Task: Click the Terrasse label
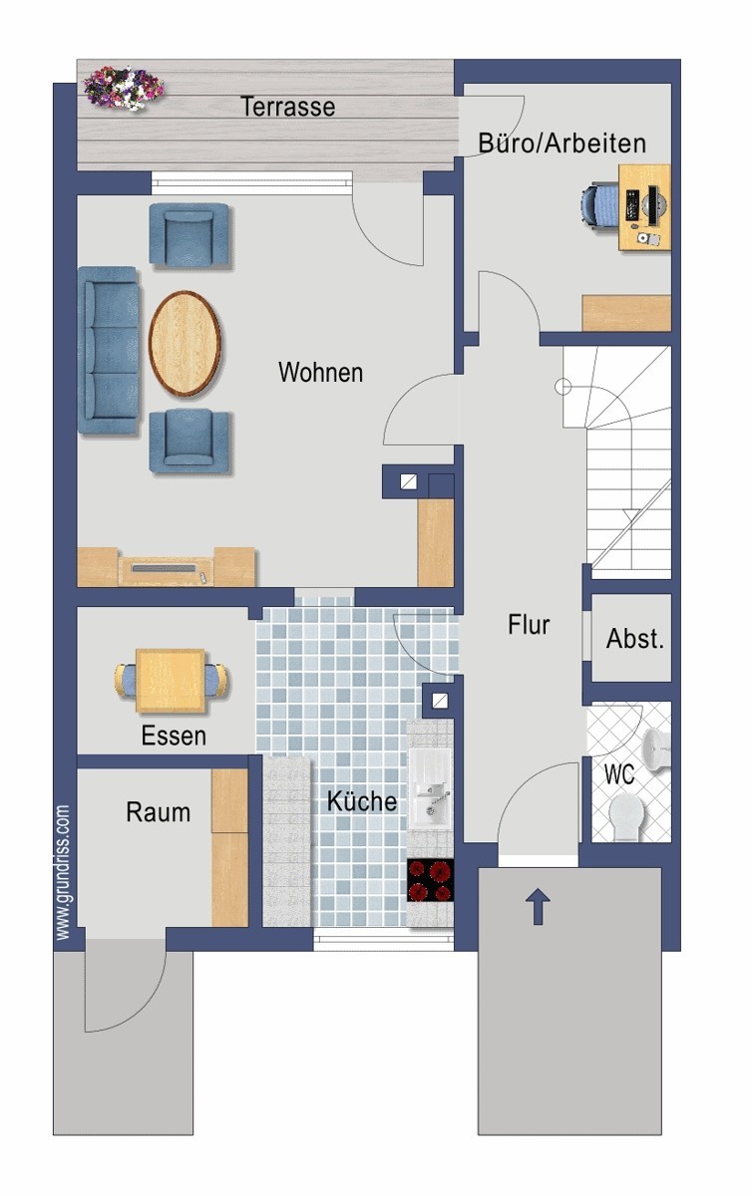pos(287,107)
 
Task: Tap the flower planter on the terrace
pos(124,88)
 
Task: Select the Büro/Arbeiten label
pos(562,144)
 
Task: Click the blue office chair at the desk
pos(599,207)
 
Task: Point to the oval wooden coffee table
pos(185,343)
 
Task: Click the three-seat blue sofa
pos(109,350)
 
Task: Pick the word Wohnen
pos(321,372)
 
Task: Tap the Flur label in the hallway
pos(529,625)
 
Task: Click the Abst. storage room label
pos(635,638)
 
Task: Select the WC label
pos(619,774)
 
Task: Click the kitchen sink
pos(431,793)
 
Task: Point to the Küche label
pos(362,801)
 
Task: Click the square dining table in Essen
pos(171,681)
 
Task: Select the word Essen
pos(174,736)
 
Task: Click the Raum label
pos(159,812)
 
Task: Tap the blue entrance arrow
pos(538,907)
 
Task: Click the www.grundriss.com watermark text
pos(63,872)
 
